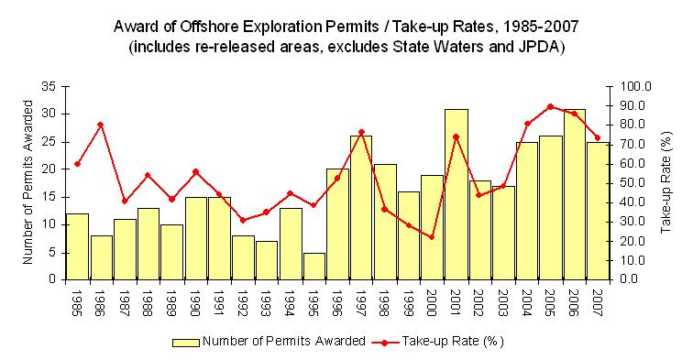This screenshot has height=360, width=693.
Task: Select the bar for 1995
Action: [x=313, y=266]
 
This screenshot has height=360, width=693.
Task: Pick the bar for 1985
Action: [x=77, y=246]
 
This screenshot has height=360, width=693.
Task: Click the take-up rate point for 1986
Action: [x=101, y=125]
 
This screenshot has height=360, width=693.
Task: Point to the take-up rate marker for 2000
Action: [x=432, y=237]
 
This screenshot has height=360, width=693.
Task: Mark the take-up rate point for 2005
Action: [x=550, y=106]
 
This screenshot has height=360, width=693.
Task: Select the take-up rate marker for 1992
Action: [x=243, y=220]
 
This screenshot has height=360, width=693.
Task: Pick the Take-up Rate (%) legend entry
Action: [x=456, y=341]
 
